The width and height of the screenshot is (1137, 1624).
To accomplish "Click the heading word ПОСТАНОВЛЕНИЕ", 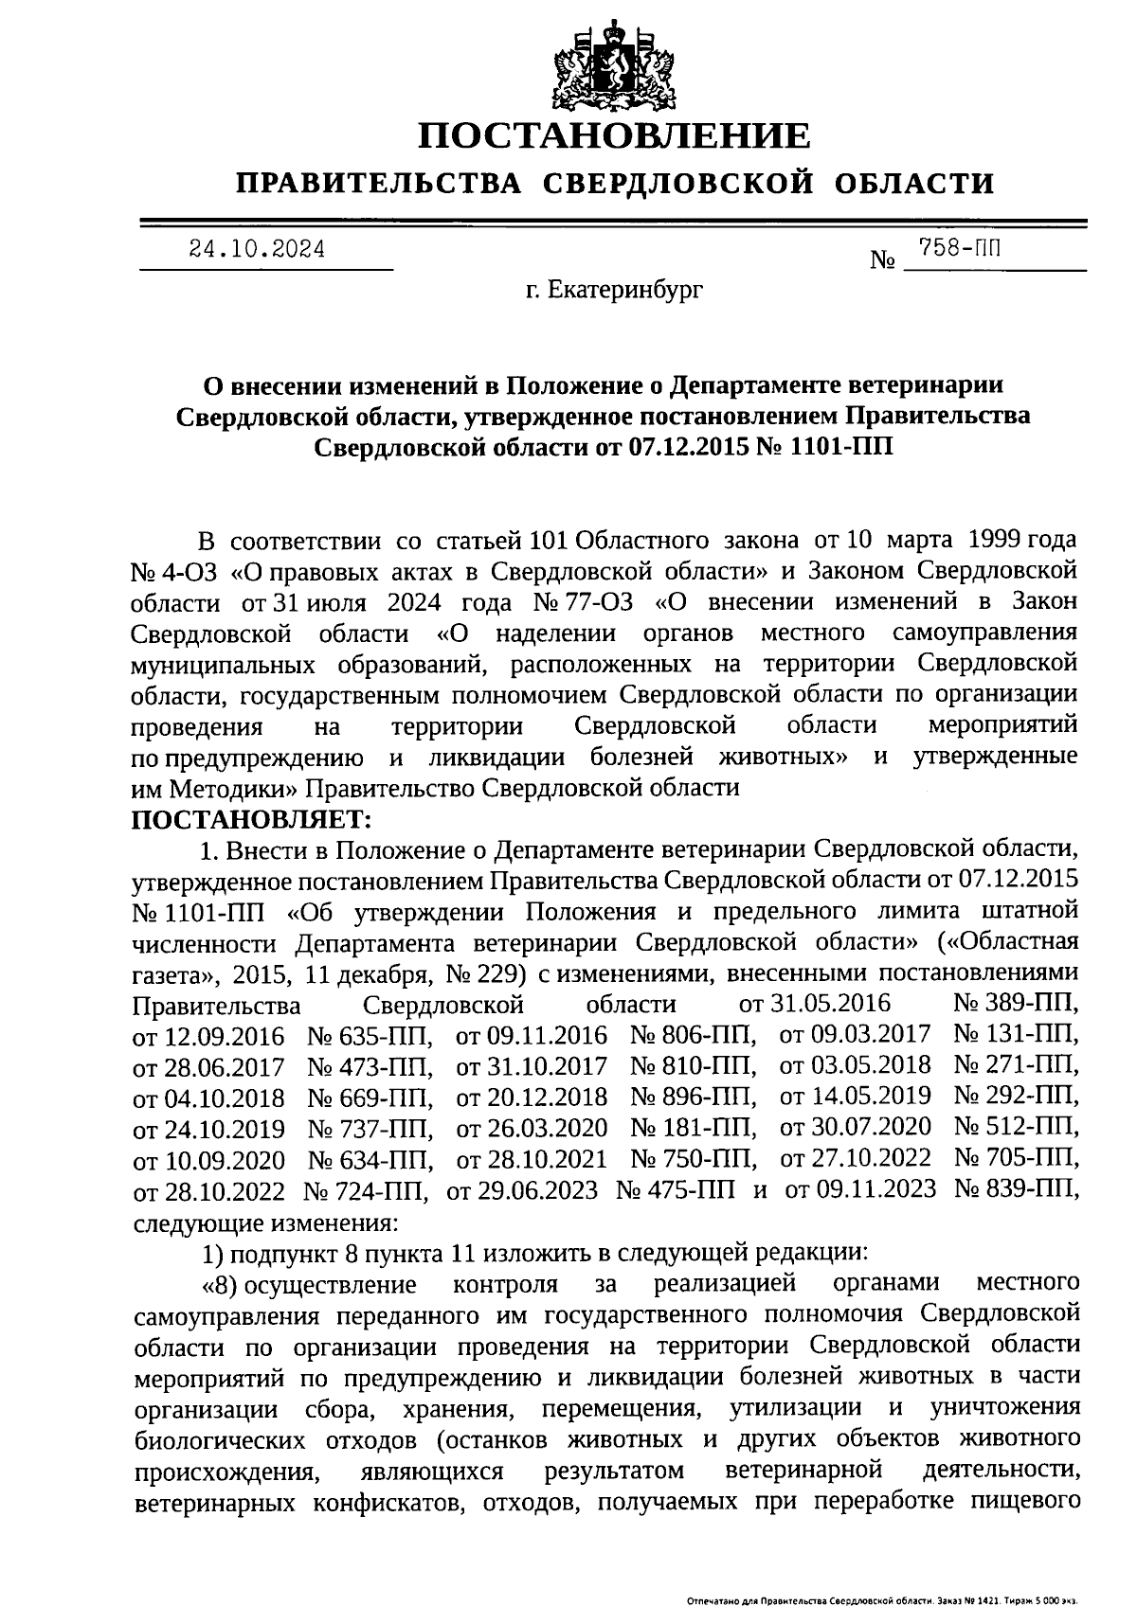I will (616, 135).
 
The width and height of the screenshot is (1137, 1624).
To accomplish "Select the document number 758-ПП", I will (960, 248).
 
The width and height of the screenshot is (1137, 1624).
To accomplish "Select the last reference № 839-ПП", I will (1016, 1189).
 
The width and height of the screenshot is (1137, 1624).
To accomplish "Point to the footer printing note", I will (882, 1601).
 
